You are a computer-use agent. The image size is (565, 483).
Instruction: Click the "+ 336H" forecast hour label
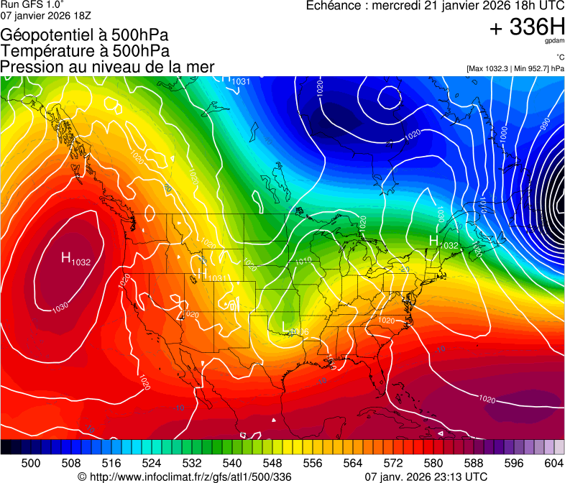(x=527, y=28)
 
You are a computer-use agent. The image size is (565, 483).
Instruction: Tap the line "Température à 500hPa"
(x=85, y=51)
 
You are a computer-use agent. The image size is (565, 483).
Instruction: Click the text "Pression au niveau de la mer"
(x=108, y=67)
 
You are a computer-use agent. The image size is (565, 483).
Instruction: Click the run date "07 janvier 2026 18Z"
(x=46, y=14)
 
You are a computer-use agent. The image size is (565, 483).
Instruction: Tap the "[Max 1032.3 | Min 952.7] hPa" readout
(x=515, y=68)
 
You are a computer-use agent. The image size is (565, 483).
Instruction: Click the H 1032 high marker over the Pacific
(x=74, y=259)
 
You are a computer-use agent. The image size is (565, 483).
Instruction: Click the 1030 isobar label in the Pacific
(x=60, y=308)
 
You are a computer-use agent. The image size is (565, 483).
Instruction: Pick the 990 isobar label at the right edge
(x=546, y=123)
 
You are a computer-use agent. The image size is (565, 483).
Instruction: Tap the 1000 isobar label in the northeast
(x=504, y=132)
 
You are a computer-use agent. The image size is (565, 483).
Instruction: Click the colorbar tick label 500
(x=31, y=463)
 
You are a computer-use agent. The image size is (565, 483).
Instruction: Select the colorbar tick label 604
(x=553, y=463)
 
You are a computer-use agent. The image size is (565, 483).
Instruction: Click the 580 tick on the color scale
(x=433, y=463)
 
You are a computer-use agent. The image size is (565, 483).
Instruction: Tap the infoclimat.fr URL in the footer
(x=185, y=477)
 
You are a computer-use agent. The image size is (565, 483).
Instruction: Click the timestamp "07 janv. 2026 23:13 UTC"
(x=426, y=477)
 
